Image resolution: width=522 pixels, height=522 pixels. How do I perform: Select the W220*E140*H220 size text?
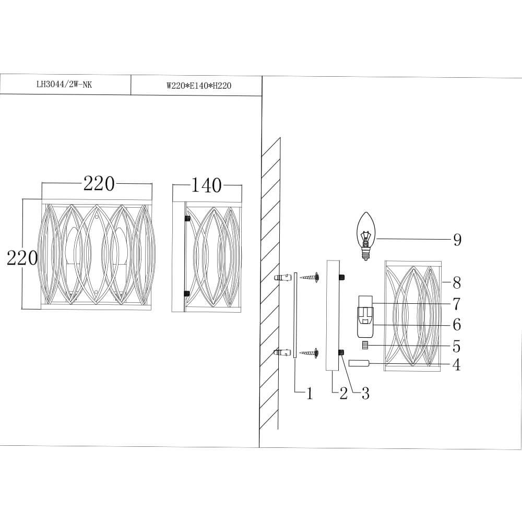[x=196, y=86]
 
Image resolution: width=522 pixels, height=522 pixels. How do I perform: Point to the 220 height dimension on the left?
[x=22, y=257]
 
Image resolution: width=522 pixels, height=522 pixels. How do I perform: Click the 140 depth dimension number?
[x=207, y=185]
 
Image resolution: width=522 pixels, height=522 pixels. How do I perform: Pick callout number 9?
[x=457, y=240]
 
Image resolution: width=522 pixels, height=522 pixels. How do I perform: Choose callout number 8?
[x=457, y=283]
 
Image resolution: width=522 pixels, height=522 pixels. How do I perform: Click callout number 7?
[x=457, y=303]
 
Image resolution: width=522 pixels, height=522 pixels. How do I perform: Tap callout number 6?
[x=457, y=325]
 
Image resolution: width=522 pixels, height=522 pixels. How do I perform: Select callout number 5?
[x=457, y=346]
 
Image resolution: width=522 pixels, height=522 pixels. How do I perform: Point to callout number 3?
[x=365, y=394]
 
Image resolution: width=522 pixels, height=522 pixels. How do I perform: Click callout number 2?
[x=343, y=394]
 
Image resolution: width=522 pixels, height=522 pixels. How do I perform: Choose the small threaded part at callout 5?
[x=365, y=346]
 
